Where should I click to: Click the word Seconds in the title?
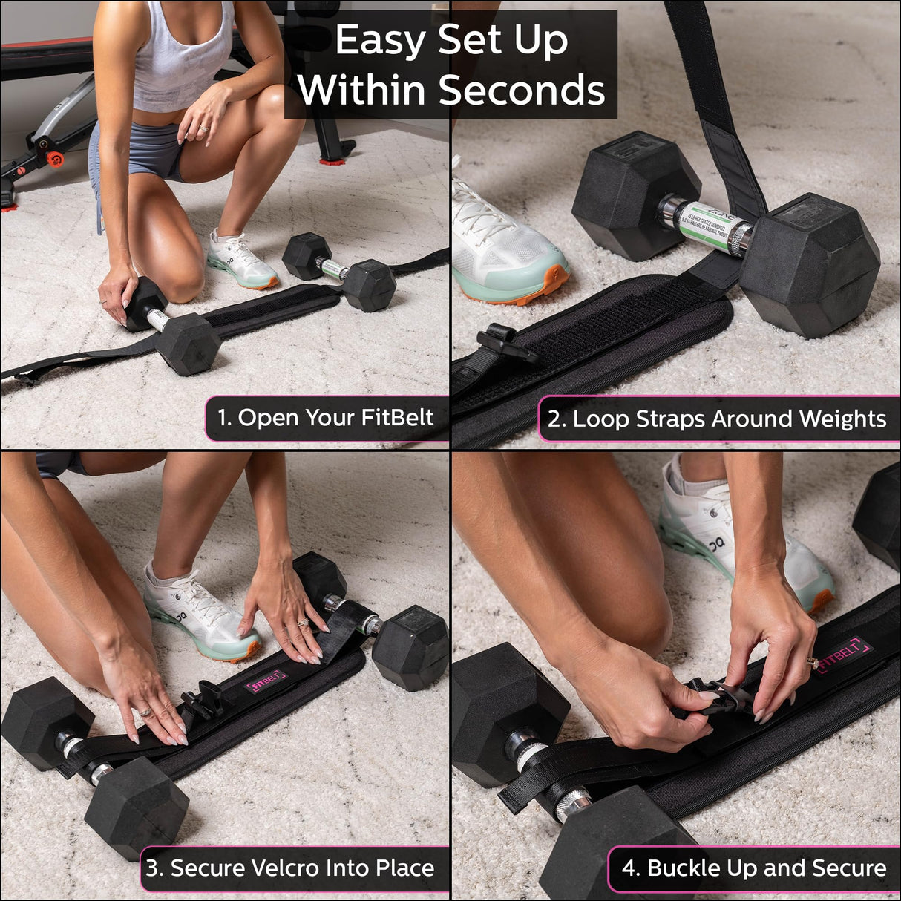click(x=522, y=90)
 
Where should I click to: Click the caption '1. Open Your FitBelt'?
click(x=325, y=418)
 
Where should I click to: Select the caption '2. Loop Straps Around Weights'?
click(x=717, y=419)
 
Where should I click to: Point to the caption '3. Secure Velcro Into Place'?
click(x=290, y=868)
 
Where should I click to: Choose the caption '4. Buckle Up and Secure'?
click(x=754, y=868)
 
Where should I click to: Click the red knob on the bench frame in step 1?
click(x=54, y=159)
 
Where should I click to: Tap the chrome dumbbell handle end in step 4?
click(x=572, y=805)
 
